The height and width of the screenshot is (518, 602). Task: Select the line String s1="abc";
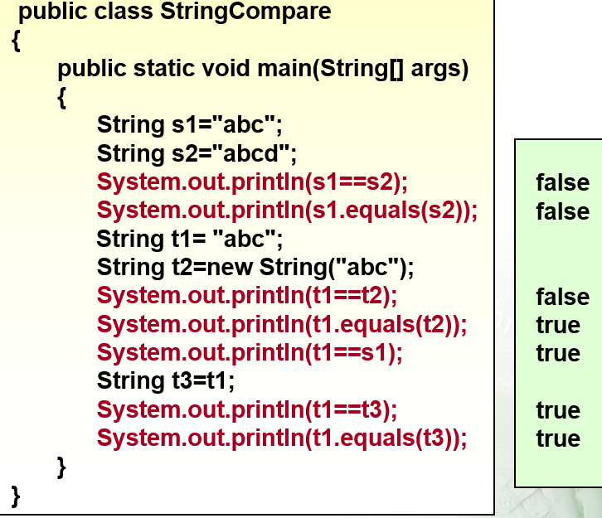click(190, 125)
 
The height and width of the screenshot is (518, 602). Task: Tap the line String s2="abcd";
click(197, 153)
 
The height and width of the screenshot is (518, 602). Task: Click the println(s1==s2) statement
click(253, 182)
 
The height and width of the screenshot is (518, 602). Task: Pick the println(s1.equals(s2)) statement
click(287, 211)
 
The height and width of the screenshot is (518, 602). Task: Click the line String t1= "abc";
click(190, 240)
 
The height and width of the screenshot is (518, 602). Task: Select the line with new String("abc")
click(255, 268)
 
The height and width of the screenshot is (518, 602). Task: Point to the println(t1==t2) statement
click(247, 296)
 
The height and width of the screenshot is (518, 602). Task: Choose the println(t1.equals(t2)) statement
click(282, 325)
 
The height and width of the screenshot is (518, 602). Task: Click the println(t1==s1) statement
click(250, 353)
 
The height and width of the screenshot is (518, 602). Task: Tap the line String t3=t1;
click(166, 381)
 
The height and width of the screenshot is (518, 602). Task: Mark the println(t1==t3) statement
click(247, 410)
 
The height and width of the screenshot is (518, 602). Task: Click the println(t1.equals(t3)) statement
click(282, 438)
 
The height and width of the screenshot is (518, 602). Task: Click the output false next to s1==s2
click(562, 182)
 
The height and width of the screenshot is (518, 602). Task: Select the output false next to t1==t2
click(562, 297)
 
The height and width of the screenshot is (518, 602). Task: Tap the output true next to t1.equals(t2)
click(557, 325)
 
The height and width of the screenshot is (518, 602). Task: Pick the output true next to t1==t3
click(557, 410)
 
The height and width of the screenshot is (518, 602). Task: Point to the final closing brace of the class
click(16, 496)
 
